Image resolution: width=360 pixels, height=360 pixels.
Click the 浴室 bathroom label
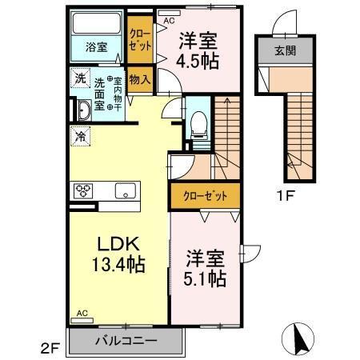96,47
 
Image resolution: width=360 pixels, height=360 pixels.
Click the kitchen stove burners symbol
84,190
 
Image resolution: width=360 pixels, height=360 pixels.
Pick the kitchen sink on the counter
125,190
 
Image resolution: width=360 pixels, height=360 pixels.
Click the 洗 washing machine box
81,78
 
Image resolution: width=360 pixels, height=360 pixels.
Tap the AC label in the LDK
82,314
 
